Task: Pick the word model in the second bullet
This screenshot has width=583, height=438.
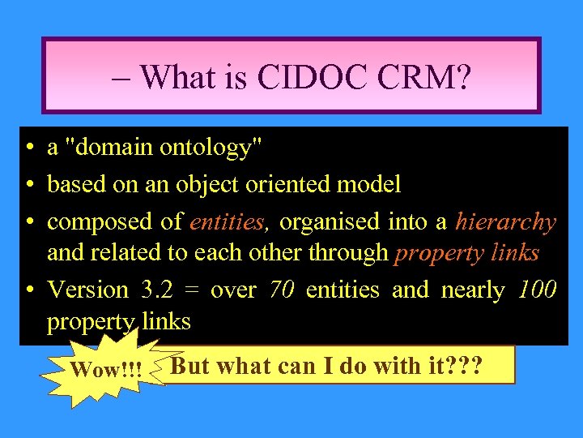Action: coord(368,184)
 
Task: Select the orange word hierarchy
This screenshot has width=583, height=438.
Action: coord(506,221)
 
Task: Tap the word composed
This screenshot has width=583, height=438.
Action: coord(91,221)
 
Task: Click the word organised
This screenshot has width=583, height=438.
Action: coord(334,221)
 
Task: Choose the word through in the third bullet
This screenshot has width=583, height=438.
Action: coord(349,253)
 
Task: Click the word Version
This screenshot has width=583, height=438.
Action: coord(88,290)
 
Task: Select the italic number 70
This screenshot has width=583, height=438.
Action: coord(281,290)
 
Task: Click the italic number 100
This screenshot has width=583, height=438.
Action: coord(536,290)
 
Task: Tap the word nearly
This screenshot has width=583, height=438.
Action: coord(473,290)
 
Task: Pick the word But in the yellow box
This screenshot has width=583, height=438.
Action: coord(191,365)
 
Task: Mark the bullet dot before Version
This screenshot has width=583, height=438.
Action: coord(28,290)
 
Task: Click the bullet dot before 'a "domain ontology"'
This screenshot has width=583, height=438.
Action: coord(28,148)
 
